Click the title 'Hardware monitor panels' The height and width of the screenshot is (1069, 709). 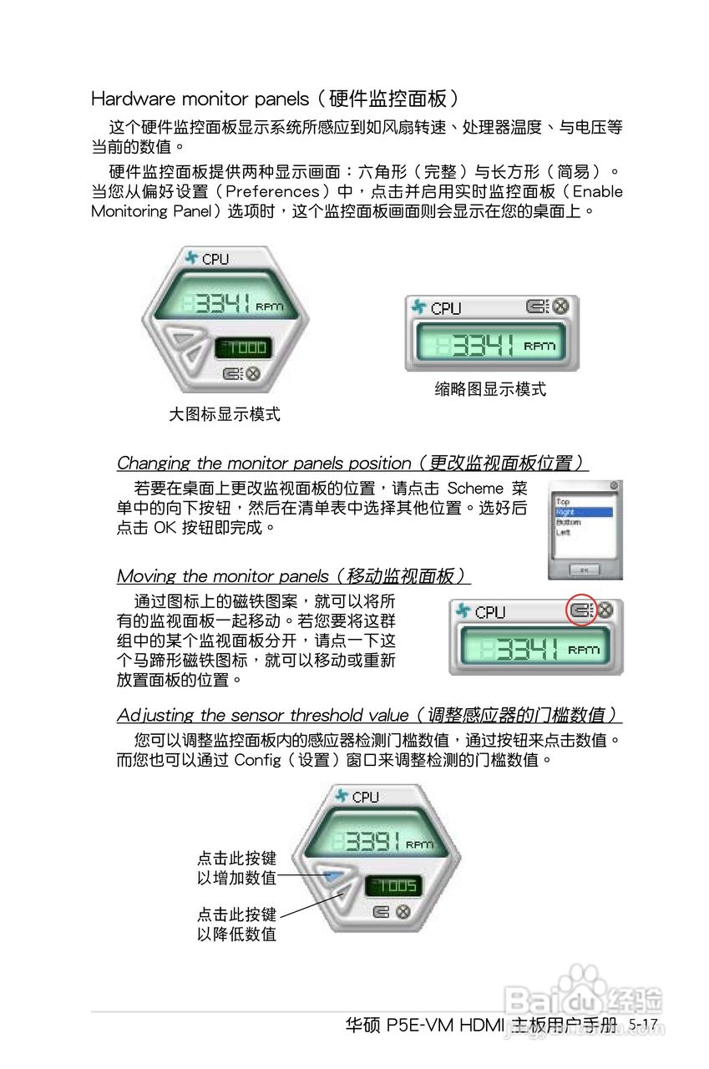coord(200,99)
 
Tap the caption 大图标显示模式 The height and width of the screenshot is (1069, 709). coord(224,414)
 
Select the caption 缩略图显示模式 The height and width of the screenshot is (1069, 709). coord(490,389)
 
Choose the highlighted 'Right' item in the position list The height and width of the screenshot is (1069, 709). coord(584,512)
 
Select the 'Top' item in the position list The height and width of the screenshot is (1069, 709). coord(564,502)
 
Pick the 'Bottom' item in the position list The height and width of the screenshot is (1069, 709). coord(569,522)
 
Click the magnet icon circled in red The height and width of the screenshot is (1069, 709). coord(580,610)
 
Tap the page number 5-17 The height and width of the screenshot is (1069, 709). coord(644,1024)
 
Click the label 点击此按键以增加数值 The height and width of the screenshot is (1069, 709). coord(236,868)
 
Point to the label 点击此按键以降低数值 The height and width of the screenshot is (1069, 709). coord(236,924)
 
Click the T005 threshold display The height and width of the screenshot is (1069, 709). coord(395,886)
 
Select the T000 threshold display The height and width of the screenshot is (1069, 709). coord(243,347)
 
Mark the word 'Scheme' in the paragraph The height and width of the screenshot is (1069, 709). coord(475,489)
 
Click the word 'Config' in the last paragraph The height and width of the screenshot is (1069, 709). coord(263,760)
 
